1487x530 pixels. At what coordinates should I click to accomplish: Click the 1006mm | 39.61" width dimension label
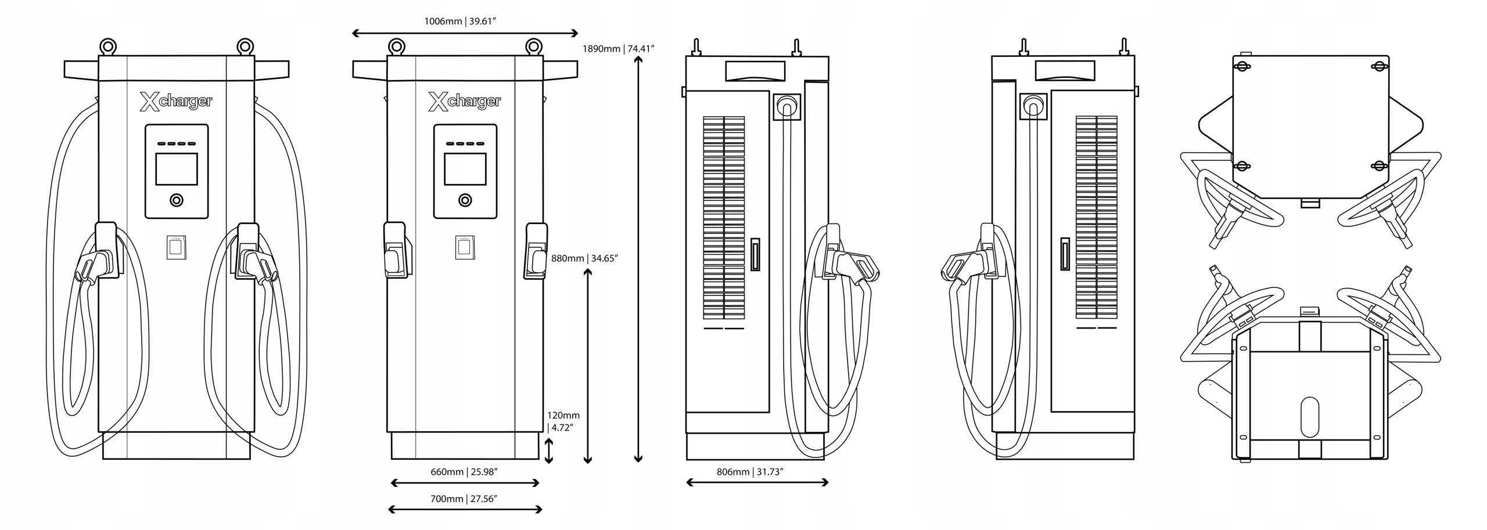click(459, 21)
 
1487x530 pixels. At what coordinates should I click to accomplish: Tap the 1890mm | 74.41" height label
click(618, 49)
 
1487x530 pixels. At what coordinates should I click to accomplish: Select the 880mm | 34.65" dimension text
click(584, 258)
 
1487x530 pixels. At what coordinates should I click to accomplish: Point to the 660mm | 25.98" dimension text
click(464, 472)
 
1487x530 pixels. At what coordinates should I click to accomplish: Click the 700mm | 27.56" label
click(464, 499)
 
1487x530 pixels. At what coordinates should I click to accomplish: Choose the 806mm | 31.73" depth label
click(750, 472)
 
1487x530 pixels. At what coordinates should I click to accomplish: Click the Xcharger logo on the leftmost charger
click(176, 102)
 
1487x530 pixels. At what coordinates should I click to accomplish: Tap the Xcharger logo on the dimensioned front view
click(465, 102)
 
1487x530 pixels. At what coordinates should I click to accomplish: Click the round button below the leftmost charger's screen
click(177, 200)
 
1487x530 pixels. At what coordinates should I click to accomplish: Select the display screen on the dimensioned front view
click(465, 169)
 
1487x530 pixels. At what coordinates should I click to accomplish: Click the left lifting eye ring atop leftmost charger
click(107, 46)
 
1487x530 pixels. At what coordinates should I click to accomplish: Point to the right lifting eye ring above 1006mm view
click(533, 46)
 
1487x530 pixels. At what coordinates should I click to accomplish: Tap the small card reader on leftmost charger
click(177, 247)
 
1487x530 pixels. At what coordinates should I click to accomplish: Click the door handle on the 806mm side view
click(755, 254)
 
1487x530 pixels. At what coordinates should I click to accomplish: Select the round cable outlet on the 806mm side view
click(788, 107)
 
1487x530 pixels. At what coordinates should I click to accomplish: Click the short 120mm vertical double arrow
click(548, 451)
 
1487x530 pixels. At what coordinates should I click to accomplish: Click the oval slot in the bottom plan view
click(1310, 417)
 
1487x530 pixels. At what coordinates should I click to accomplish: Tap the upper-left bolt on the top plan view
click(1242, 67)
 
